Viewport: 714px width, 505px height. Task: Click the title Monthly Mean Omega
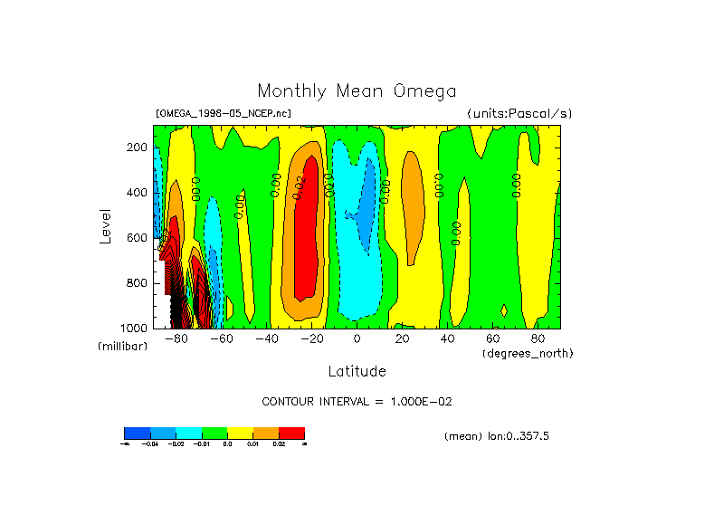pyautogui.click(x=357, y=91)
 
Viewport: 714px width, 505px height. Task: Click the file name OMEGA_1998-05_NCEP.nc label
pyautogui.click(x=224, y=114)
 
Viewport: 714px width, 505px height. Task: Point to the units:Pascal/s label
pyautogui.click(x=519, y=114)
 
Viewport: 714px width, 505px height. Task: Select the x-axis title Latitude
pyautogui.click(x=357, y=371)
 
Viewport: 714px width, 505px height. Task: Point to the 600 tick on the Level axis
pyautogui.click(x=138, y=238)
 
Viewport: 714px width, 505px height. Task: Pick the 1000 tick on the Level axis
pyautogui.click(x=135, y=328)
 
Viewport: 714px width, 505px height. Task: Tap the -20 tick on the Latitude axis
pyautogui.click(x=311, y=339)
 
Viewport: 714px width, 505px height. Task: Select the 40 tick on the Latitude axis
pyautogui.click(x=447, y=339)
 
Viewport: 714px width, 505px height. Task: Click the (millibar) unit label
pyautogui.click(x=122, y=347)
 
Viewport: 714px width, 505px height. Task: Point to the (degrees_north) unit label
pyautogui.click(x=528, y=352)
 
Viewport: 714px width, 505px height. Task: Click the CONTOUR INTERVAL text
pyautogui.click(x=363, y=401)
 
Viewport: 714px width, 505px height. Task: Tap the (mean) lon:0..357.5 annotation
pyautogui.click(x=497, y=436)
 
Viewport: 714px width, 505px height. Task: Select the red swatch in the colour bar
pyautogui.click(x=291, y=433)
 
